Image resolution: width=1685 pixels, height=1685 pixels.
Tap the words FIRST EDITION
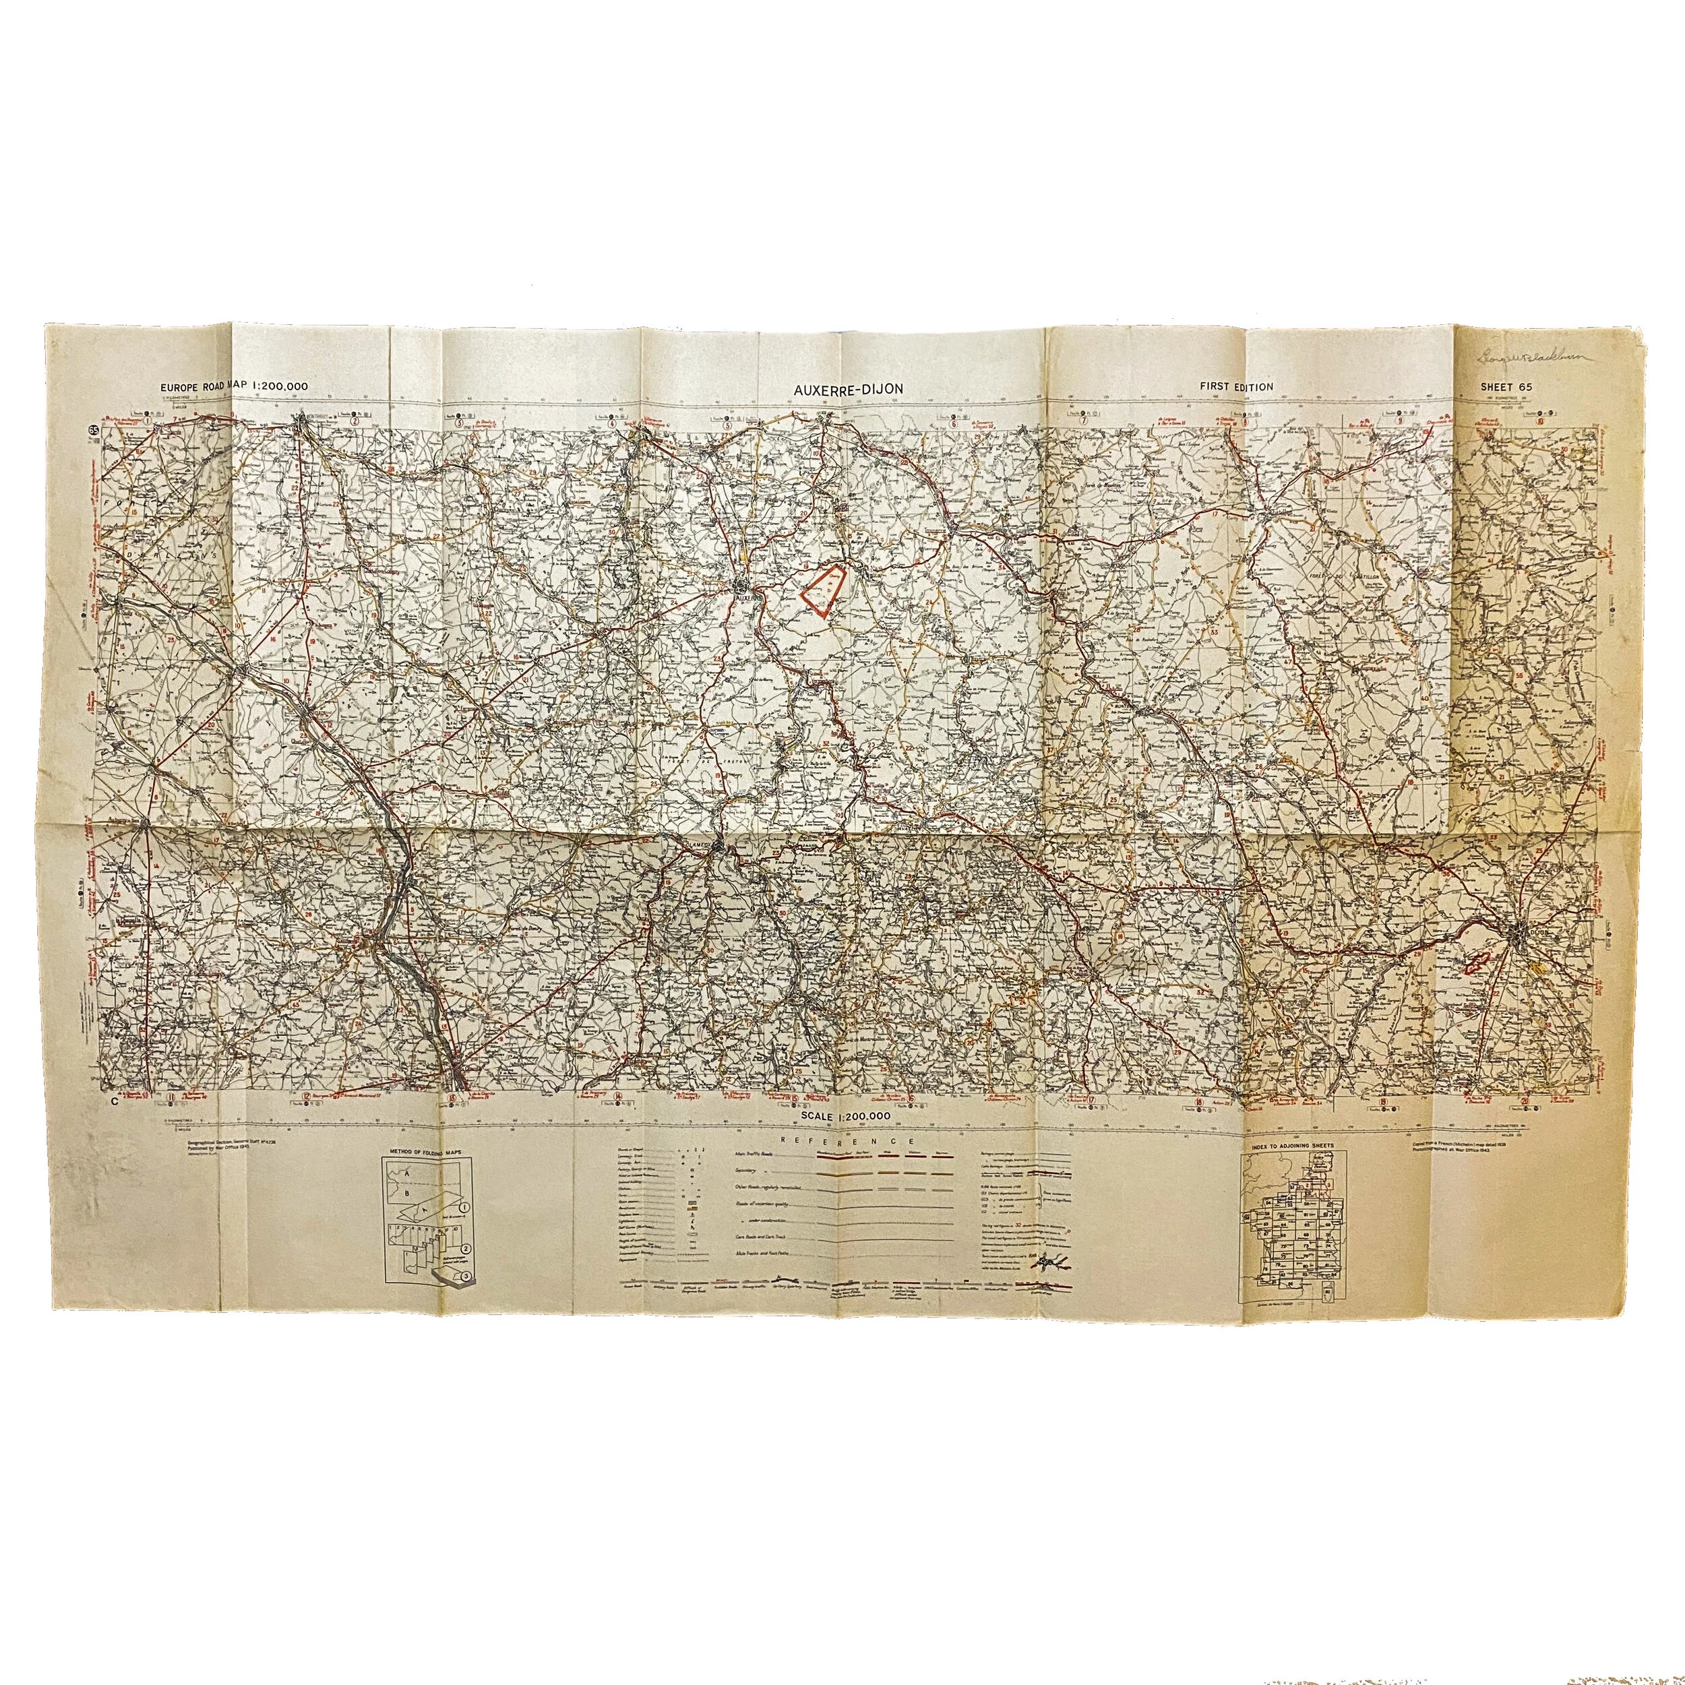pos(1236,386)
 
